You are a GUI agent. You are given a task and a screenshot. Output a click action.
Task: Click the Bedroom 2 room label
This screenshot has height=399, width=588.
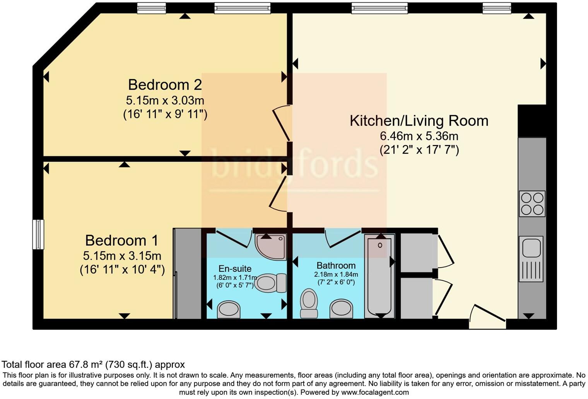click(x=165, y=85)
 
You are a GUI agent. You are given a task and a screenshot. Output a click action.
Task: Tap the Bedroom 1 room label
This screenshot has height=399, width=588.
click(x=121, y=240)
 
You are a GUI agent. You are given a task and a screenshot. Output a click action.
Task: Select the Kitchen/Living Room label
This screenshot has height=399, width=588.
click(x=419, y=121)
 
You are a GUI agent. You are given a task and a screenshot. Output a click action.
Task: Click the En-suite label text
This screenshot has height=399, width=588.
click(x=235, y=269)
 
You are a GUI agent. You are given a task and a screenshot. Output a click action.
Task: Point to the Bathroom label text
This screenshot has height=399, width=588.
click(x=336, y=266)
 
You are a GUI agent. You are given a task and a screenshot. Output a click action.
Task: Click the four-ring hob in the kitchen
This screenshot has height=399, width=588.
click(x=532, y=204)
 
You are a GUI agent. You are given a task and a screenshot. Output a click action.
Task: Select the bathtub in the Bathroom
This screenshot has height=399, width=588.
click(x=379, y=276)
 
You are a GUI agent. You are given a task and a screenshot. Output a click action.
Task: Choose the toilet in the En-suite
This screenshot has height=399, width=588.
click(x=271, y=283)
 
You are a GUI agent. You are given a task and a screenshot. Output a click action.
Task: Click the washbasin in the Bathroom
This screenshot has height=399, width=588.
click(x=341, y=309)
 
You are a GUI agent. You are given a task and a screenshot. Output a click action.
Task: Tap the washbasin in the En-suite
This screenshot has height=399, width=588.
click(x=229, y=309)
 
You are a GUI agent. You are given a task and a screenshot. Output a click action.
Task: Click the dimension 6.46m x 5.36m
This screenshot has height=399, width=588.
click(x=419, y=136)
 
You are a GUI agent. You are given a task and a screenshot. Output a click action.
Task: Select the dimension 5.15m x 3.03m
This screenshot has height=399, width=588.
click(x=165, y=101)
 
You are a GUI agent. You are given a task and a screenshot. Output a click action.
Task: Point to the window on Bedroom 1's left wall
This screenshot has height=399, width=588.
click(x=38, y=234)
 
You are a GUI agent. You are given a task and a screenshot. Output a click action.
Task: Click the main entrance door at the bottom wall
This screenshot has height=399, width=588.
click(x=487, y=318)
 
